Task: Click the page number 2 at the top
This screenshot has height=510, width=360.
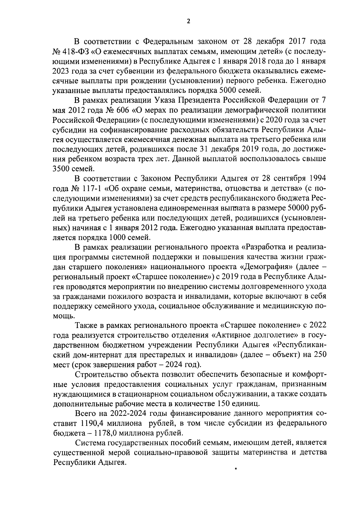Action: click(x=188, y=21)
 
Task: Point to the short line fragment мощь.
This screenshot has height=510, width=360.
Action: click(x=63, y=316)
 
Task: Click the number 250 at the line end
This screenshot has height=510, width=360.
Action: click(x=319, y=355)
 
